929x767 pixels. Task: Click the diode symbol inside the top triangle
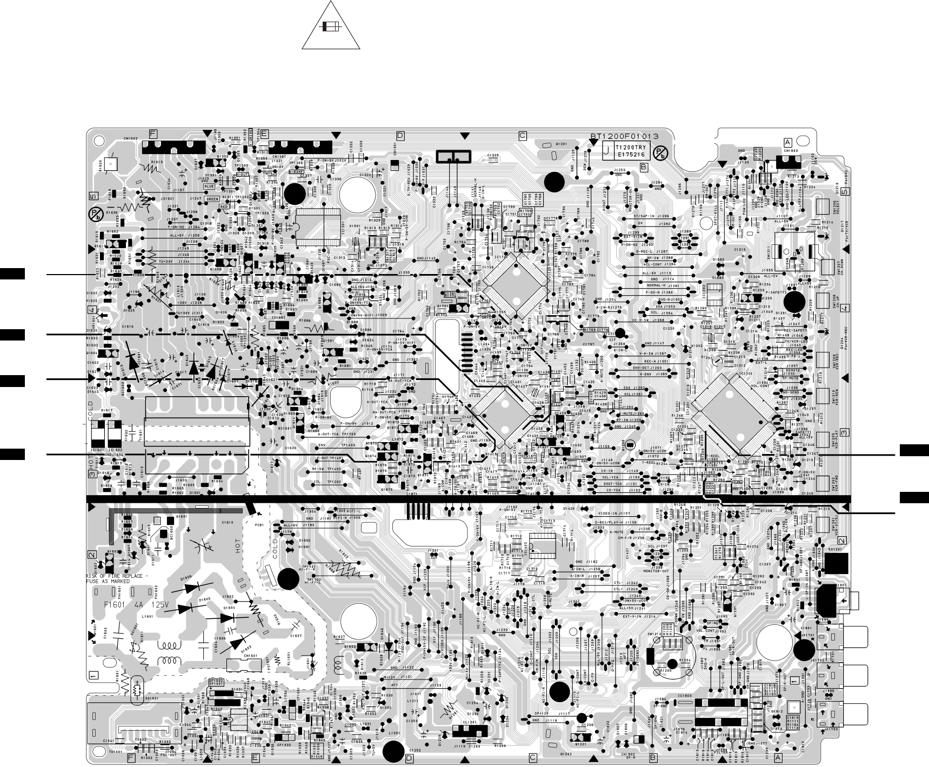pos(326,27)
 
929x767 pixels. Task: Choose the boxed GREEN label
pos(212,199)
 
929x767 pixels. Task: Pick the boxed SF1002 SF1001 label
pos(216,683)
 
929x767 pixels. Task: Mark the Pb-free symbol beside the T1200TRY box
pos(661,152)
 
